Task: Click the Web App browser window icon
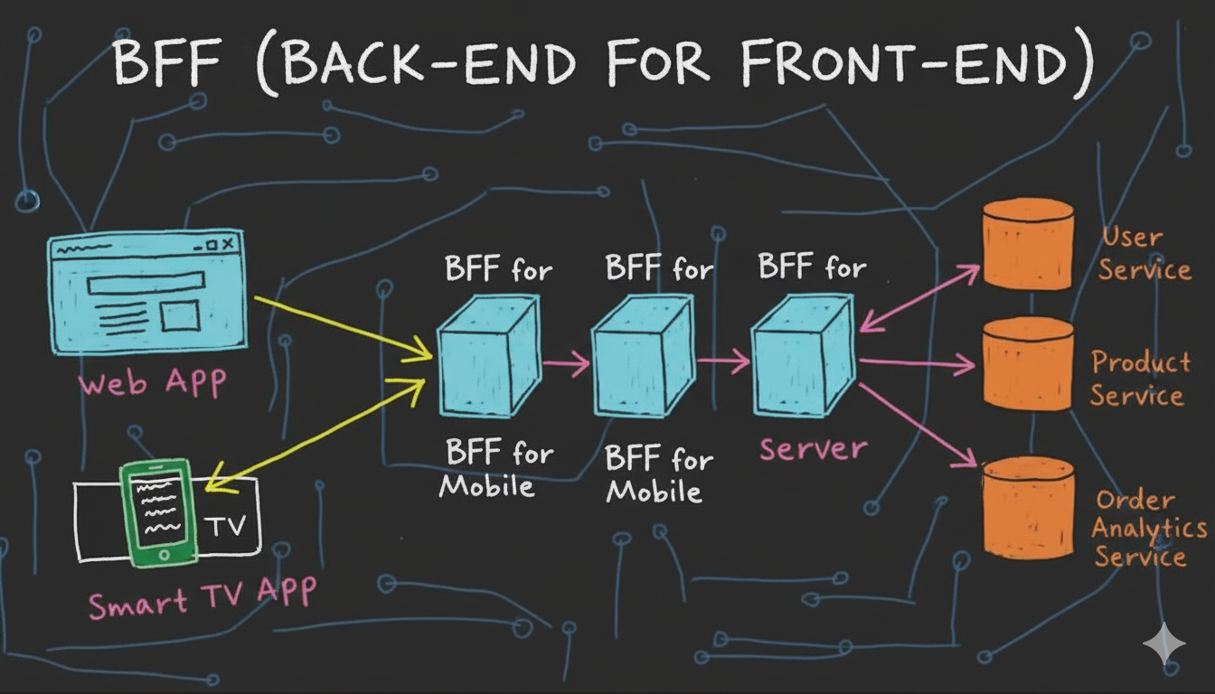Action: tap(146, 290)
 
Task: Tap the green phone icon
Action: tap(159, 511)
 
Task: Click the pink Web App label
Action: tap(151, 383)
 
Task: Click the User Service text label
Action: tap(1144, 254)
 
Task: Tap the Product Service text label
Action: tap(1139, 379)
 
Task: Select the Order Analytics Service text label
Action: tap(1147, 529)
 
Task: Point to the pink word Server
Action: tap(813, 449)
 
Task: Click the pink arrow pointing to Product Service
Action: tap(917, 364)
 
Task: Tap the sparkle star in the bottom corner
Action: tap(1164, 643)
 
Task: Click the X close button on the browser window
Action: tap(228, 244)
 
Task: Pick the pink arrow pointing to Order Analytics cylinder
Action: tap(917, 425)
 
